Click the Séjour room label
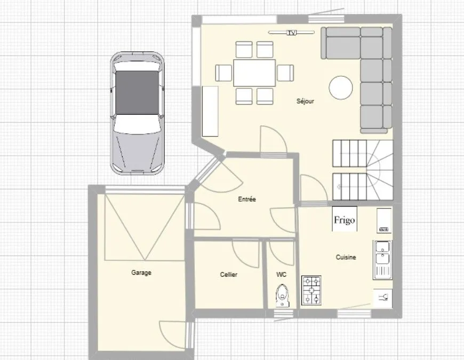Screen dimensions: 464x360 (x=305, y=101)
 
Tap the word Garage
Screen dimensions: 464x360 (x=141, y=273)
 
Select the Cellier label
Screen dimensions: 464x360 (x=228, y=275)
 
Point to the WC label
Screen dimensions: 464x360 (x=281, y=275)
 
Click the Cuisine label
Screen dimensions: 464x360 (x=346, y=257)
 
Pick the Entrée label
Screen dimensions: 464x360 (x=247, y=199)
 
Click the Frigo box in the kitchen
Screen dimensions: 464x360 (x=345, y=219)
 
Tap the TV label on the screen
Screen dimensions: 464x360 (x=292, y=33)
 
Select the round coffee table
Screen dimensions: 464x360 (x=341, y=87)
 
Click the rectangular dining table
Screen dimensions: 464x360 (x=254, y=73)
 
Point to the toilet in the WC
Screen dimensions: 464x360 (x=283, y=295)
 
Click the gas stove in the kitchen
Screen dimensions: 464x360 (x=311, y=290)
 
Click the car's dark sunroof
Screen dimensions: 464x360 (x=137, y=93)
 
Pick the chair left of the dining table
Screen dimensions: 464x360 (x=223, y=73)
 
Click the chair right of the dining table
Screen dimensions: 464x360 (x=285, y=73)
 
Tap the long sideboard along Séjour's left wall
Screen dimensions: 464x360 (x=210, y=111)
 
